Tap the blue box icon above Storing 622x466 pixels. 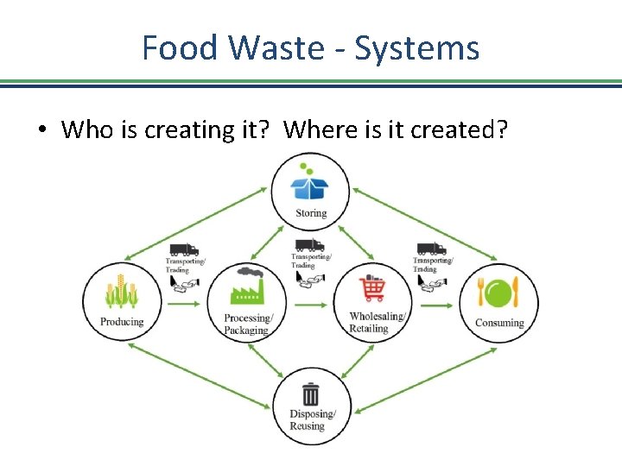(x=310, y=187)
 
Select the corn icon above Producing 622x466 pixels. (x=122, y=293)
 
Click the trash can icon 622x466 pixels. (x=310, y=395)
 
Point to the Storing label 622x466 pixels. (x=311, y=213)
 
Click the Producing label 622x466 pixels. (x=122, y=322)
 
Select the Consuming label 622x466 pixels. (x=499, y=323)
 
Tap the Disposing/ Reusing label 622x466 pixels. (x=308, y=419)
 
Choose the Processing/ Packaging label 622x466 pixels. (x=247, y=324)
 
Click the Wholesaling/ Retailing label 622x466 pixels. (x=378, y=322)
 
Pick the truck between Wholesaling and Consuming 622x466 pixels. (x=432, y=249)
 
